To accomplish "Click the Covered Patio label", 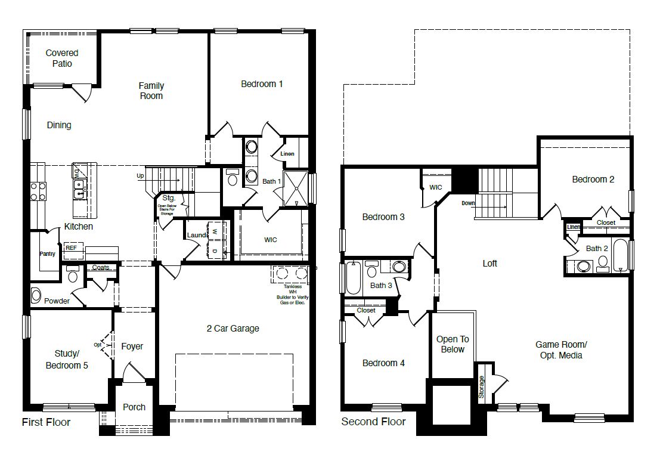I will point(62,58).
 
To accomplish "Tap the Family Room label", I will point(151,91).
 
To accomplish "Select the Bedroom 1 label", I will point(262,84).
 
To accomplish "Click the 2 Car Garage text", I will point(233,328).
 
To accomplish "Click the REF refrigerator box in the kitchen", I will point(71,247).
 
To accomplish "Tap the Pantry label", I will point(47,254).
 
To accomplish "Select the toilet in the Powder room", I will point(73,274).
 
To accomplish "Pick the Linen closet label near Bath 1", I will point(287,154).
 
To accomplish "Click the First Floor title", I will point(46,422).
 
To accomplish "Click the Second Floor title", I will point(373,422).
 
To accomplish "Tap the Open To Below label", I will point(453,344).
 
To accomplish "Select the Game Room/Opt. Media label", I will point(561,349).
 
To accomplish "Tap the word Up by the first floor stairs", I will point(141,176).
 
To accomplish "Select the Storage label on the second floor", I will point(482,387).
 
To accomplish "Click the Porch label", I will point(134,407).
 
